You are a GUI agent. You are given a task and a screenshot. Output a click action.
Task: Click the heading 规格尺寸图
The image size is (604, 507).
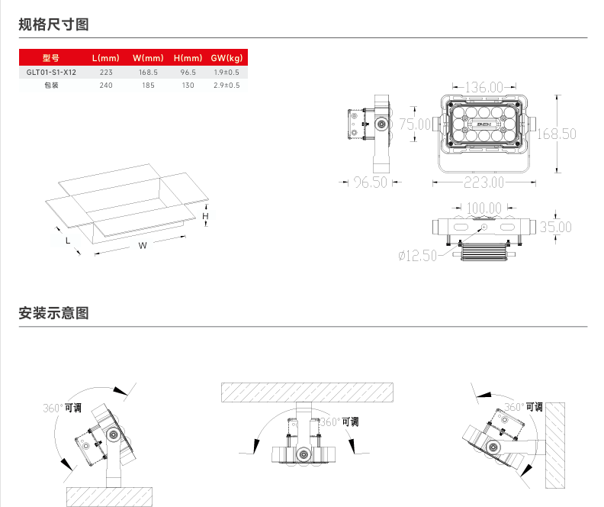[53, 24]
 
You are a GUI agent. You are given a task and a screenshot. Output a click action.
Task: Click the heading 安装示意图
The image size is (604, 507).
[53, 313]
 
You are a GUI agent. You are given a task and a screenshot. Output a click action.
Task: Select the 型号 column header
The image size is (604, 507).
[51, 58]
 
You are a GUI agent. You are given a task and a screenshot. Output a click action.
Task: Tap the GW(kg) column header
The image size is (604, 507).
[226, 58]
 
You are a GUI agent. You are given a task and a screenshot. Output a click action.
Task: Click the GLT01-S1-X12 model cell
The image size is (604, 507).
[51, 72]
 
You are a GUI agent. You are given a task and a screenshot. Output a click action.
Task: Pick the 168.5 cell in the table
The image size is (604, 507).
[148, 72]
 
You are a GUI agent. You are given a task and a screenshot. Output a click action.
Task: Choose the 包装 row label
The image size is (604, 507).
[51, 86]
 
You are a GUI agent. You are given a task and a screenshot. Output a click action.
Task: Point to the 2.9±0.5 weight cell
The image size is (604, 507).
[226, 86]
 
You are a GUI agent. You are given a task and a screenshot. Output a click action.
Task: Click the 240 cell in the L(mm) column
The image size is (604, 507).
[106, 86]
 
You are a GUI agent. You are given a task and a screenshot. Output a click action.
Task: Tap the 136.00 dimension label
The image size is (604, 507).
[484, 88]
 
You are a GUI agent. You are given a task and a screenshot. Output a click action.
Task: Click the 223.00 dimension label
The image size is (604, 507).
[484, 182]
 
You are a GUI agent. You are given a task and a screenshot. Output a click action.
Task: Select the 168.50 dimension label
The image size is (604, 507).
[556, 134]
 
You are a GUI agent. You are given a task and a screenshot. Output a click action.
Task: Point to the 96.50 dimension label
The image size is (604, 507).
[370, 182]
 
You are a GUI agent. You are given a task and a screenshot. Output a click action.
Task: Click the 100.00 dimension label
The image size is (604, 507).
[484, 208]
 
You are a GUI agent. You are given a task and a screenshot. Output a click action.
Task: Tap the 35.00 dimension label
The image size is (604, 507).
[556, 227]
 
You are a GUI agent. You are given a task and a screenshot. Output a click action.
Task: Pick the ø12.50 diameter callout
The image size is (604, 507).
[417, 256]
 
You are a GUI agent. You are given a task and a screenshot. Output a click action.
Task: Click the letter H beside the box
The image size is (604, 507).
[204, 216]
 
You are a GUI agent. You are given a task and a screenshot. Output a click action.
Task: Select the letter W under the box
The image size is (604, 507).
[142, 245]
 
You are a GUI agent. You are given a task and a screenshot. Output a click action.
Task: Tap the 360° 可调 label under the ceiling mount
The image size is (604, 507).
[339, 421]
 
